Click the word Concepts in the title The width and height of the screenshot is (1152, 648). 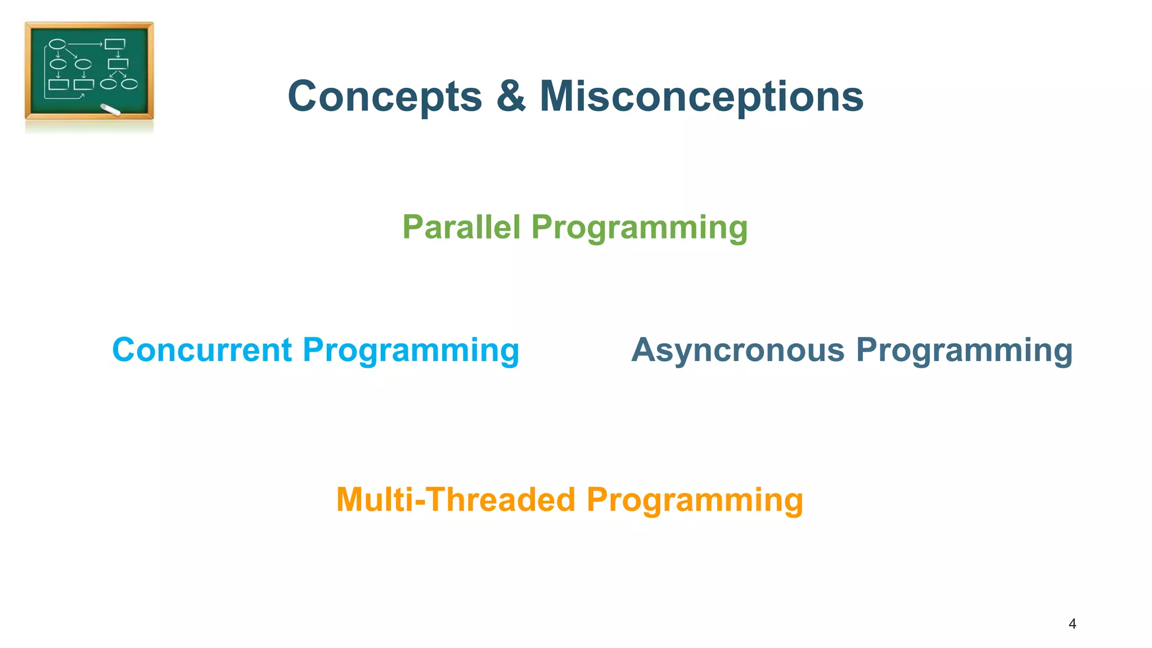(x=385, y=97)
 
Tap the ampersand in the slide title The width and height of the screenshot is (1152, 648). (x=511, y=97)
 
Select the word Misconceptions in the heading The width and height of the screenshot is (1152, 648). (x=701, y=97)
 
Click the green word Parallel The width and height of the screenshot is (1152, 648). (x=461, y=227)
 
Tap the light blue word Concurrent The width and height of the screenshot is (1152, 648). (x=202, y=350)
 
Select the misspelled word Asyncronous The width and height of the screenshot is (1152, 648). (x=737, y=350)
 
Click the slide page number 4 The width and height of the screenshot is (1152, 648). (x=1072, y=624)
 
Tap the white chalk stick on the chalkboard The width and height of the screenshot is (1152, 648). (x=110, y=110)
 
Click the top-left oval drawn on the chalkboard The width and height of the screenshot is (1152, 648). (x=57, y=44)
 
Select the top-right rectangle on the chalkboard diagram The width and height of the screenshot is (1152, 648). (x=115, y=44)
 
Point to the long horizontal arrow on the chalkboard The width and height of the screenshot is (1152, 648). (x=84, y=44)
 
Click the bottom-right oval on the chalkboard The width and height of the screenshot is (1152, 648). (x=129, y=84)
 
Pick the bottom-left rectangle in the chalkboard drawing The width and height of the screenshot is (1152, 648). (x=58, y=85)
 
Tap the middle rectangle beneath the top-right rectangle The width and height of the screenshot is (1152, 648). (x=118, y=64)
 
